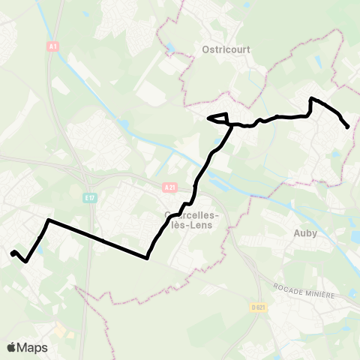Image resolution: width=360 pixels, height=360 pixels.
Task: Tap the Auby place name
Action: pyautogui.click(x=305, y=232)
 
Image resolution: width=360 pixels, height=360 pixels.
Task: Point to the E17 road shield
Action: pyautogui.click(x=89, y=197)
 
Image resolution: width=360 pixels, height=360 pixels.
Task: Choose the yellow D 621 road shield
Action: pyautogui.click(x=258, y=307)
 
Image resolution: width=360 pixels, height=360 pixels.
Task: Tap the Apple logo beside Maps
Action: pyautogui.click(x=11, y=347)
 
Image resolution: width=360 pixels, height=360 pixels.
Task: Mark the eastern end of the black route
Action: pyautogui.click(x=347, y=127)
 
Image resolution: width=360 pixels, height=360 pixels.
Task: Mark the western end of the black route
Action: pyautogui.click(x=12, y=253)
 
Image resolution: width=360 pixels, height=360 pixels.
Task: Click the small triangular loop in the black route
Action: pyautogui.click(x=218, y=118)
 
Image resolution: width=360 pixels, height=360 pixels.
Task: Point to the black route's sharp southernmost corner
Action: pyautogui.click(x=147, y=258)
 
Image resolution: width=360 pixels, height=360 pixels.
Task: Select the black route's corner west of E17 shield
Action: pyautogui.click(x=49, y=220)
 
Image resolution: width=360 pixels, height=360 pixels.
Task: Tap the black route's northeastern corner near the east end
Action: pyautogui.click(x=312, y=98)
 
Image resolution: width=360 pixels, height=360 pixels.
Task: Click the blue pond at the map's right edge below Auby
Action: pyautogui.click(x=355, y=237)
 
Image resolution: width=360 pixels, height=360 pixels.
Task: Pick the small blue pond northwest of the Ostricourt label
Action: pyautogui.click(x=172, y=47)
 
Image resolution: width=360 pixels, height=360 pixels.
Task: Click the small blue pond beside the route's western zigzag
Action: pyautogui.click(x=40, y=250)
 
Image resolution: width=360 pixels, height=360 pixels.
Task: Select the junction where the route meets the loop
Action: pyautogui.click(x=231, y=124)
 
